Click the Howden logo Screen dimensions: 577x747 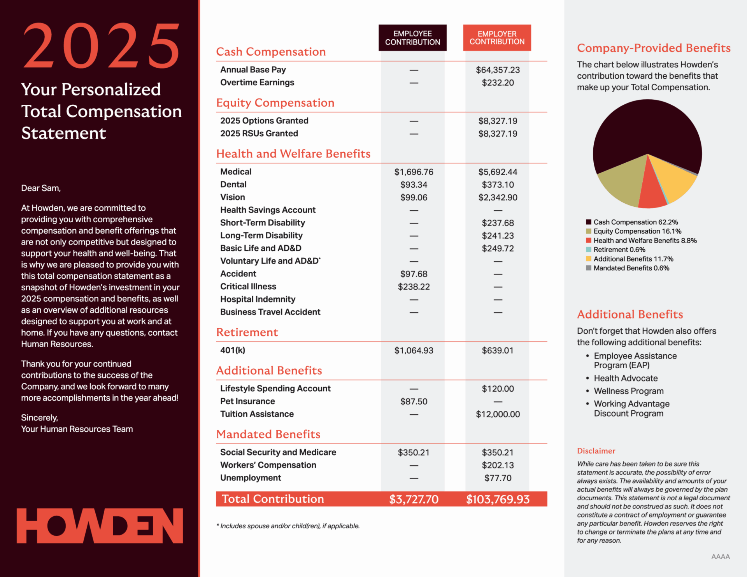[x=100, y=526]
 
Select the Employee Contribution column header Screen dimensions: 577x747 [x=412, y=38]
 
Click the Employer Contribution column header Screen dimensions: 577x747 [x=497, y=38]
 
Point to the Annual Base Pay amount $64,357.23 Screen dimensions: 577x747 [x=498, y=70]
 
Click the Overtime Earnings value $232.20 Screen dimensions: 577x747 [x=498, y=83]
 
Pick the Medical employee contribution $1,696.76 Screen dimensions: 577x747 [x=414, y=172]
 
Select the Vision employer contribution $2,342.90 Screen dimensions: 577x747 [x=498, y=197]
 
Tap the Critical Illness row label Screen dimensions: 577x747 [x=248, y=287]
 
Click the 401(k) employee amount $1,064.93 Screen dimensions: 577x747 [x=414, y=350]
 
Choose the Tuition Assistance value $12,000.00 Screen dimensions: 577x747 [x=498, y=414]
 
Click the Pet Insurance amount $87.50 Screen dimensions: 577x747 [x=414, y=401]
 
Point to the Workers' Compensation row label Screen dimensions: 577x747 [x=268, y=465]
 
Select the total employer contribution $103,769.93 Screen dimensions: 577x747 [x=498, y=499]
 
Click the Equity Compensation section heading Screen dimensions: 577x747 [x=275, y=103]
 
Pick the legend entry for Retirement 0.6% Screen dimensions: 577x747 [x=619, y=250]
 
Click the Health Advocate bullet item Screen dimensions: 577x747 [x=626, y=378]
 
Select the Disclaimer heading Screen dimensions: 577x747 [x=596, y=451]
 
